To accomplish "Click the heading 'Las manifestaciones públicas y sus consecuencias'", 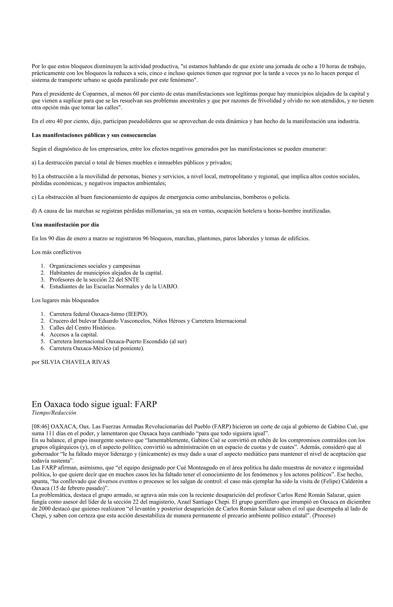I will (x=94, y=135).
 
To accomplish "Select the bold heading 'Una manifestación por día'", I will (x=65, y=225).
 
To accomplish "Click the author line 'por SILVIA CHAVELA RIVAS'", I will (x=71, y=362).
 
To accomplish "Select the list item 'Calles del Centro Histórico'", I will (x=83, y=328).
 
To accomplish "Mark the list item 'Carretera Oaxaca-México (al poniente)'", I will (x=97, y=348).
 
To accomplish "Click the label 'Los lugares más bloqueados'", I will (x=65, y=301).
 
